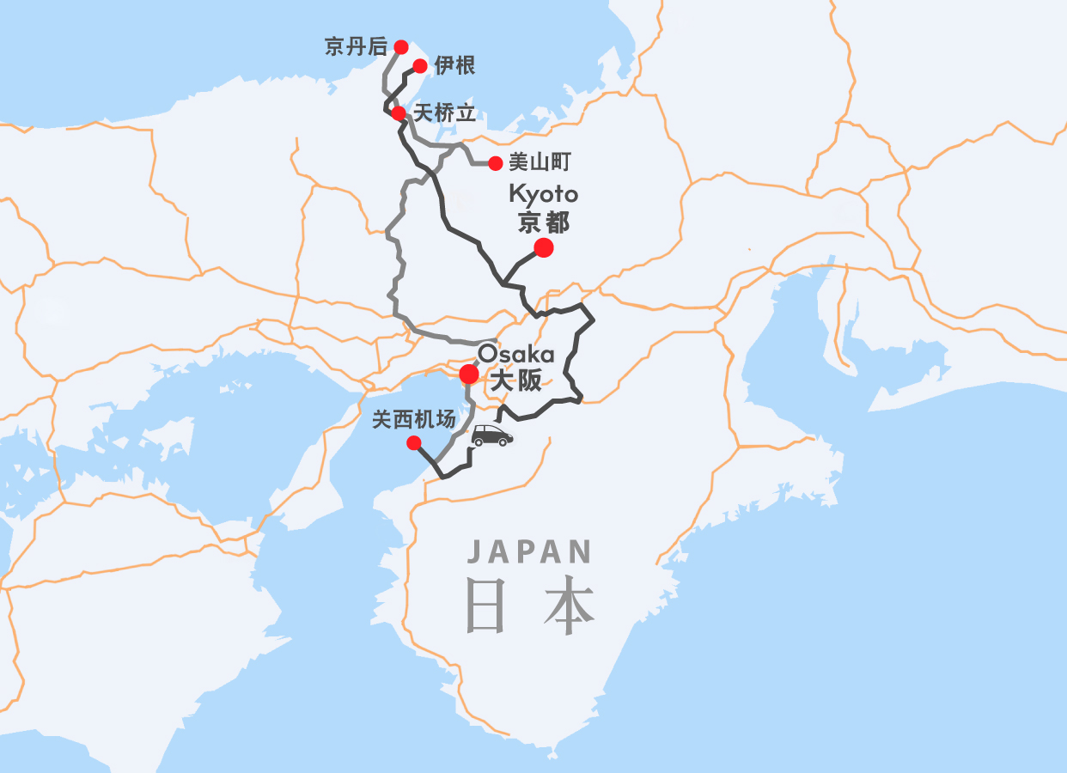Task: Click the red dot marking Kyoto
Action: (x=543, y=248)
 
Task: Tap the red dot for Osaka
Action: (x=469, y=374)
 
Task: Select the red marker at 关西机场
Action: (x=413, y=443)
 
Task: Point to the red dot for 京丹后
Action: (x=400, y=46)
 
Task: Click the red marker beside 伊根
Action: (x=420, y=66)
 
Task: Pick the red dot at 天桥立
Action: (x=399, y=113)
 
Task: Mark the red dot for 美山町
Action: (x=495, y=163)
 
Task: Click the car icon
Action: (x=492, y=435)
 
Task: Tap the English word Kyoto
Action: (x=543, y=194)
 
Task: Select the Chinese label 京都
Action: (x=543, y=223)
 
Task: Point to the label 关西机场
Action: (x=413, y=420)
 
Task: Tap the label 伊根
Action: (x=454, y=65)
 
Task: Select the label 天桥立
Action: (x=444, y=113)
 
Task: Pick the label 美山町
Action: (x=540, y=161)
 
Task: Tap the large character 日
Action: (x=485, y=606)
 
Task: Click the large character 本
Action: (x=569, y=606)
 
